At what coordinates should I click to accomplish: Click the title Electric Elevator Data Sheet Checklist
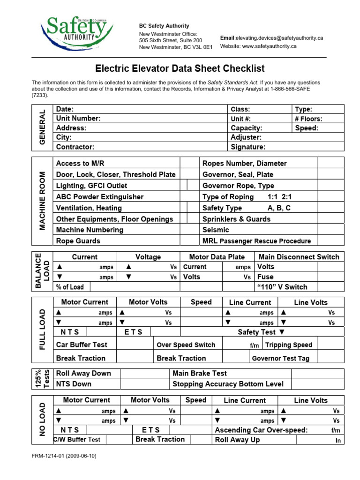tap(180, 68)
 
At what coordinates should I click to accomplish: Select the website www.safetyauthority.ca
tap(270, 46)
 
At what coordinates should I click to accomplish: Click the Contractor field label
tap(75, 147)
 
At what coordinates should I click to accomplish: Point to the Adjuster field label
tap(246, 137)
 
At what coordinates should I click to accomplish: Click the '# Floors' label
tap(308, 119)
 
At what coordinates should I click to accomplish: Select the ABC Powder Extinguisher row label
tap(100, 197)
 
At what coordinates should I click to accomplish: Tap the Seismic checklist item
tap(216, 230)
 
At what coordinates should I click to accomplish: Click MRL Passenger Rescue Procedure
tap(256, 241)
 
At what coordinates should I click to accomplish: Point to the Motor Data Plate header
tap(217, 257)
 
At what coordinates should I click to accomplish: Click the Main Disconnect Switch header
tap(299, 257)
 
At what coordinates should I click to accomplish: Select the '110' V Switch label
tap(282, 287)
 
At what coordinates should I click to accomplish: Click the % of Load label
tap(70, 287)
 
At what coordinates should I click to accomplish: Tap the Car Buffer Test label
tap(82, 345)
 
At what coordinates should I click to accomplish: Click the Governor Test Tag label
tap(280, 359)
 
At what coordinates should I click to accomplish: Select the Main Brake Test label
tap(200, 374)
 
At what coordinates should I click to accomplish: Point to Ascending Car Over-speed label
tap(261, 430)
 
